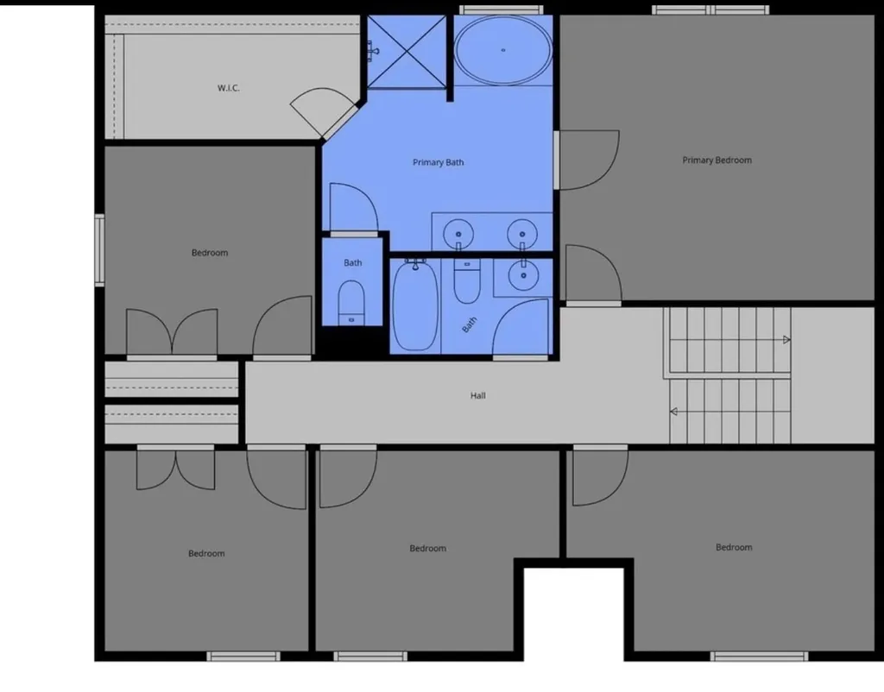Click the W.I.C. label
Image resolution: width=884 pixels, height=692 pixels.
[x=228, y=88]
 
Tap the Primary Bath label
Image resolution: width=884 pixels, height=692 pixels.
[x=438, y=162]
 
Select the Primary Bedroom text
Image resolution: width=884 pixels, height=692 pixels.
[x=717, y=160]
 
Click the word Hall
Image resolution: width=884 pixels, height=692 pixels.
[x=477, y=395]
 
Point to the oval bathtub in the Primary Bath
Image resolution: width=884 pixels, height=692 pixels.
[x=503, y=50]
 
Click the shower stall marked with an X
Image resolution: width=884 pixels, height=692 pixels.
[x=407, y=52]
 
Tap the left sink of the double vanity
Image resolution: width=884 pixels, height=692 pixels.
[x=458, y=234]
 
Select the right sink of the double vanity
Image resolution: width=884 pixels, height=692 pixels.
[x=522, y=234]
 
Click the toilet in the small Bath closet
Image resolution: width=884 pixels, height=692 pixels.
[x=352, y=303]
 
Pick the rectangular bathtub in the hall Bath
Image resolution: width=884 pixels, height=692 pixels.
[x=415, y=305]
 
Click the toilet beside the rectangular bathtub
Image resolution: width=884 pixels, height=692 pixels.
[x=467, y=281]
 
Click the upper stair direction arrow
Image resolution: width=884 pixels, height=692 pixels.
[x=786, y=340]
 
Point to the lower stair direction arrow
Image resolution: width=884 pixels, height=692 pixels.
[x=673, y=412]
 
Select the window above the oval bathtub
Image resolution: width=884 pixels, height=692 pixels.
[x=502, y=9]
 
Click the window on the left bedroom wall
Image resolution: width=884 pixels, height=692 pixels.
[x=99, y=250]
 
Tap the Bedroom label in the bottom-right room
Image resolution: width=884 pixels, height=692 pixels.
[x=734, y=547]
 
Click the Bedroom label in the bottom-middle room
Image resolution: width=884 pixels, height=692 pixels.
[x=427, y=548]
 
